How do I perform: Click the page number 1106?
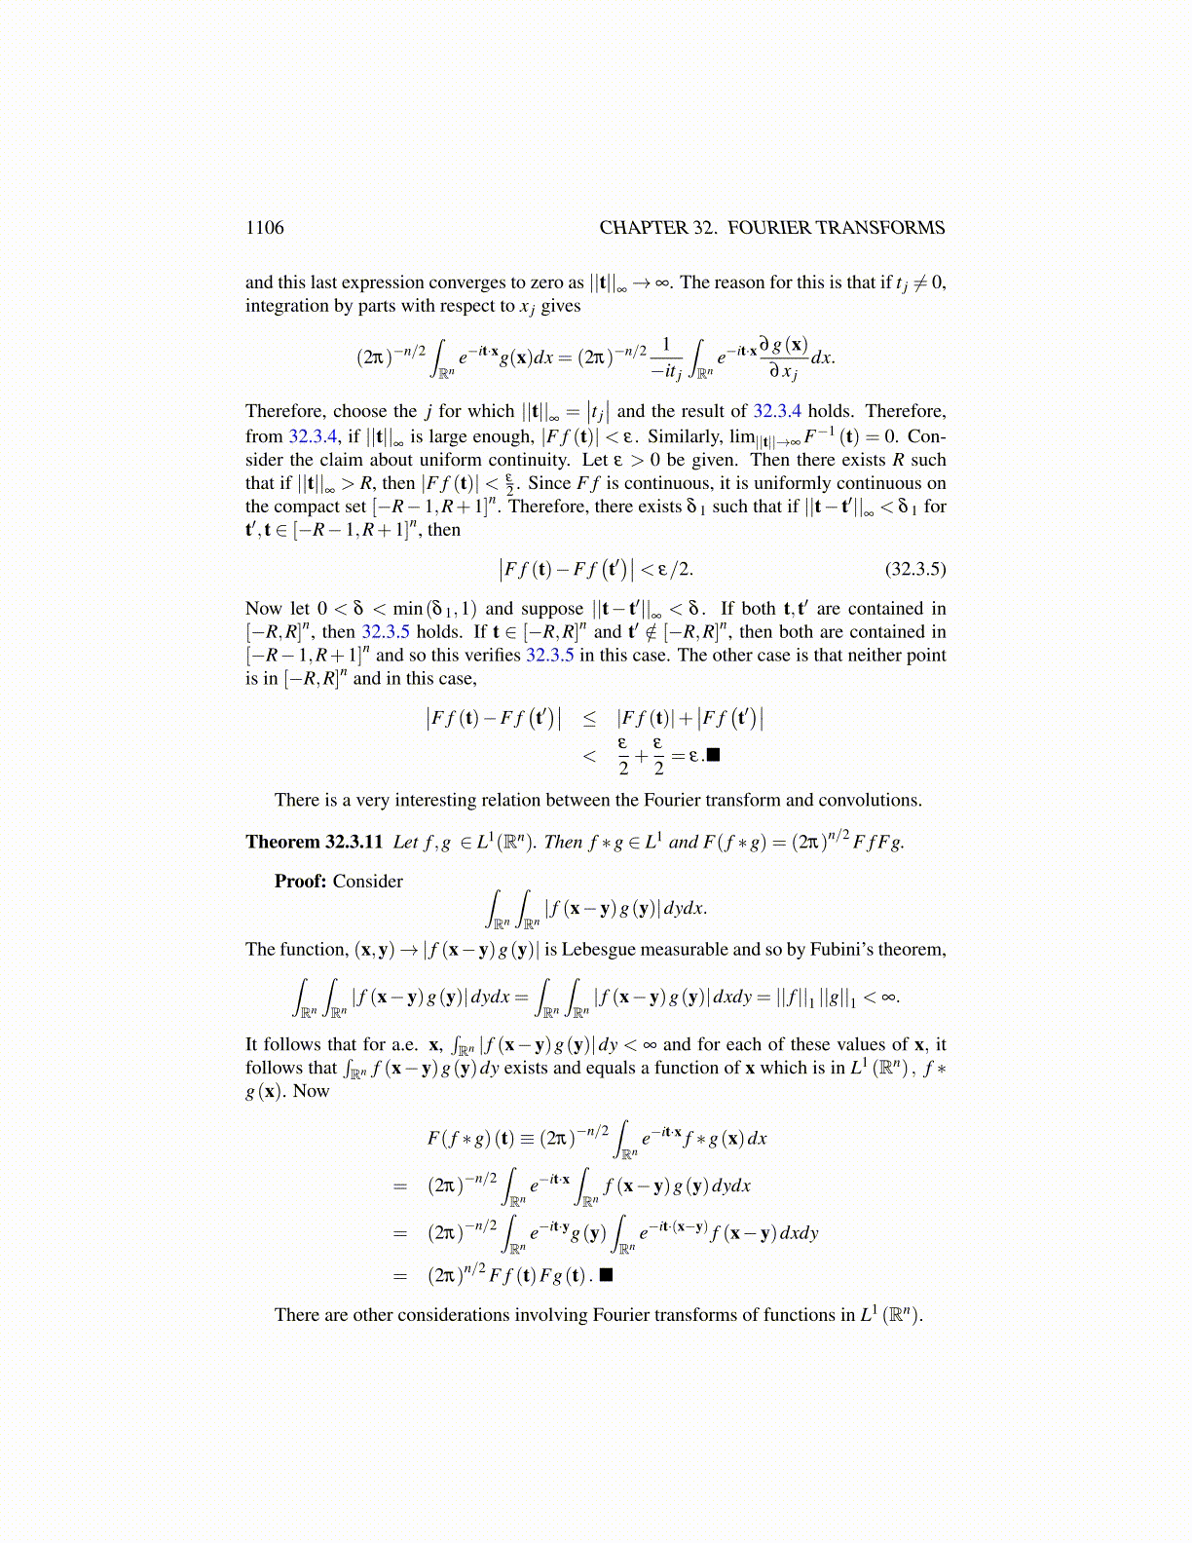pyautogui.click(x=265, y=228)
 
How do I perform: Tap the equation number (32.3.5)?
pyautogui.click(x=914, y=569)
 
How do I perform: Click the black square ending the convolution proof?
pyautogui.click(x=607, y=1274)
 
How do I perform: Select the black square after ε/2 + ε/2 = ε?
pyautogui.click(x=713, y=755)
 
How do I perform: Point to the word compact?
pyautogui.click(x=310, y=507)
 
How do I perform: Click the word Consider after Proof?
pyautogui.click(x=368, y=882)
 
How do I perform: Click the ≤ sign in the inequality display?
pyautogui.click(x=589, y=719)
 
